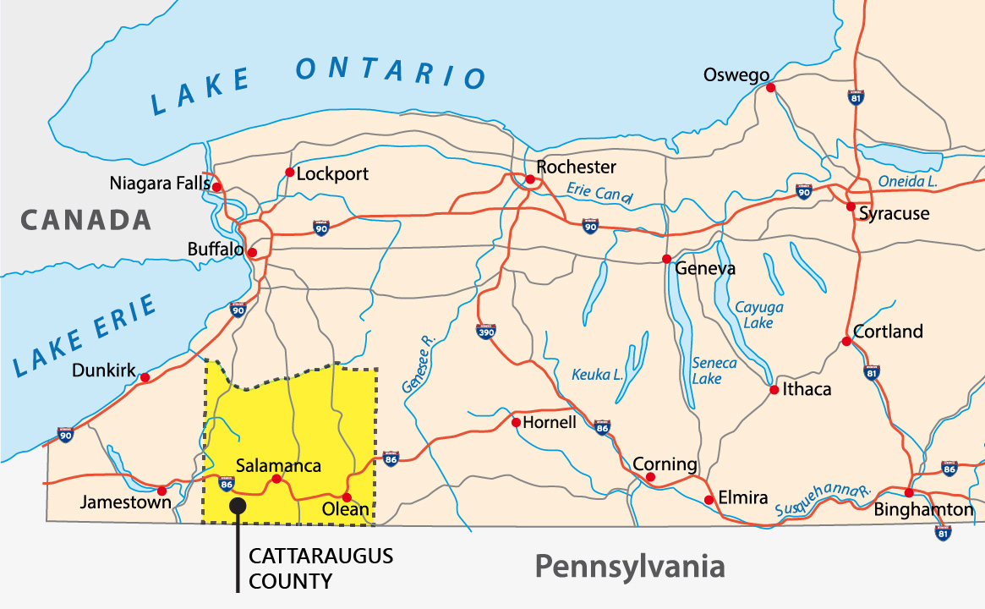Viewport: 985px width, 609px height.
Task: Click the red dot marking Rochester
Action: [x=530, y=179]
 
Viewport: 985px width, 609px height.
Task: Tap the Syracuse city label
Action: [x=894, y=214]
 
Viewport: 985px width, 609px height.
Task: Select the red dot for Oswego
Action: [x=770, y=86]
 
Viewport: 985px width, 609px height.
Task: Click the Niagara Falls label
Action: [x=156, y=184]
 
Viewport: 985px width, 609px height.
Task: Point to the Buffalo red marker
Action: [x=252, y=252]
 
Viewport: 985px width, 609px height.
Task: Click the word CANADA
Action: [x=86, y=221]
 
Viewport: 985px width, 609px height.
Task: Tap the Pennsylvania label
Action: [x=629, y=566]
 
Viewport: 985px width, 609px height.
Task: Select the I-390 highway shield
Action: [x=486, y=332]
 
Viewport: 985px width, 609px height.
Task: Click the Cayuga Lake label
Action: [x=758, y=315]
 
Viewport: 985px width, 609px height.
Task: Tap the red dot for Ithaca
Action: [x=774, y=390]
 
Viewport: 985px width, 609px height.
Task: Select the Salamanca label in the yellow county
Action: [x=278, y=465]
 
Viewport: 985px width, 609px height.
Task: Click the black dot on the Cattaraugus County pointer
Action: [x=238, y=505]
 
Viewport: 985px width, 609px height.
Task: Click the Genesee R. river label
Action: [x=419, y=365]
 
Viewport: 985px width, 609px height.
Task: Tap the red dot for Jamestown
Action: [x=161, y=490]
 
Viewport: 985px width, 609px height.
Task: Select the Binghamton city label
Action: [x=923, y=510]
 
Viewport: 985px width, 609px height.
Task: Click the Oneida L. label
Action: [x=907, y=182]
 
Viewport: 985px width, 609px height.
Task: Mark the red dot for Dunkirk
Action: [x=145, y=377]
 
